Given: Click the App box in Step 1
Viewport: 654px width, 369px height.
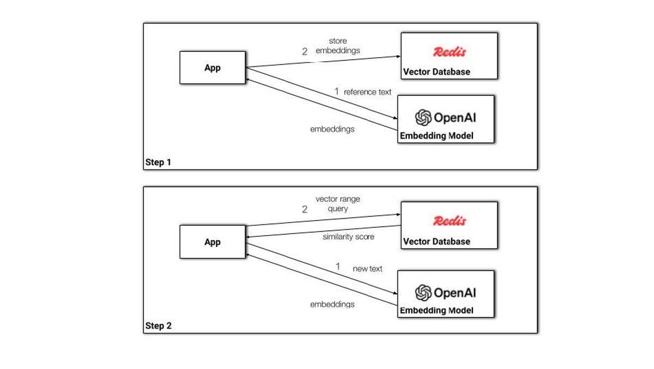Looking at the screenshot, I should [x=213, y=68].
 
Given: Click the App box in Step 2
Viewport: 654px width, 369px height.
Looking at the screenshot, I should [x=213, y=242].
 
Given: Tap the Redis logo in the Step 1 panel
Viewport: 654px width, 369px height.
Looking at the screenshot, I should [x=450, y=52].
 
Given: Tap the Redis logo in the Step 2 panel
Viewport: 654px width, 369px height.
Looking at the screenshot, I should [x=450, y=221].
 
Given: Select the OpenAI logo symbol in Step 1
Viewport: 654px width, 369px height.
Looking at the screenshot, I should [x=423, y=118].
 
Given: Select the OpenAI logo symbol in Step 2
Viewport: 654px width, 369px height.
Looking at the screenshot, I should [x=423, y=293].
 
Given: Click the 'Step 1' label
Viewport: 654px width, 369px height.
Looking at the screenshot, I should [x=158, y=162].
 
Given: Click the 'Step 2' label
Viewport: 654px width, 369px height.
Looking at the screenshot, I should [x=158, y=326].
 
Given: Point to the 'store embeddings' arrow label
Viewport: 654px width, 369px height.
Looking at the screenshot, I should [x=338, y=46].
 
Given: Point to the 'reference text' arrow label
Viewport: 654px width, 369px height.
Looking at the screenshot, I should [x=367, y=92].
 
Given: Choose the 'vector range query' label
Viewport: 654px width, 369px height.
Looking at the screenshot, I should [x=338, y=204].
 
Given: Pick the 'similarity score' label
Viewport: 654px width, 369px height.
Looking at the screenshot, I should [x=348, y=237].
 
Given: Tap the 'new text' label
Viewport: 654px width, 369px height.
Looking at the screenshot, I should [x=367, y=269].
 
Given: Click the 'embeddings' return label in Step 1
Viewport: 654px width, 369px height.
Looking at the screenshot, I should [x=332, y=129].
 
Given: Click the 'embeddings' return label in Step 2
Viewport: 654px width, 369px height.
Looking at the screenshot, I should [x=332, y=304].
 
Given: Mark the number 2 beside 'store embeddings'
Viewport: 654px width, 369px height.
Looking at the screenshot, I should [x=305, y=52].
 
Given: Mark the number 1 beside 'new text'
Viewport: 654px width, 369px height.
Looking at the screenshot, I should [x=337, y=267].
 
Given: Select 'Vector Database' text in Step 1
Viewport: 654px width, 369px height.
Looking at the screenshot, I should [x=437, y=72].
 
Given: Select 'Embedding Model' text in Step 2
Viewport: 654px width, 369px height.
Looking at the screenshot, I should [x=437, y=311].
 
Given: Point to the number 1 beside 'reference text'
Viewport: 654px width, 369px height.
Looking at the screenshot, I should [x=336, y=92].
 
